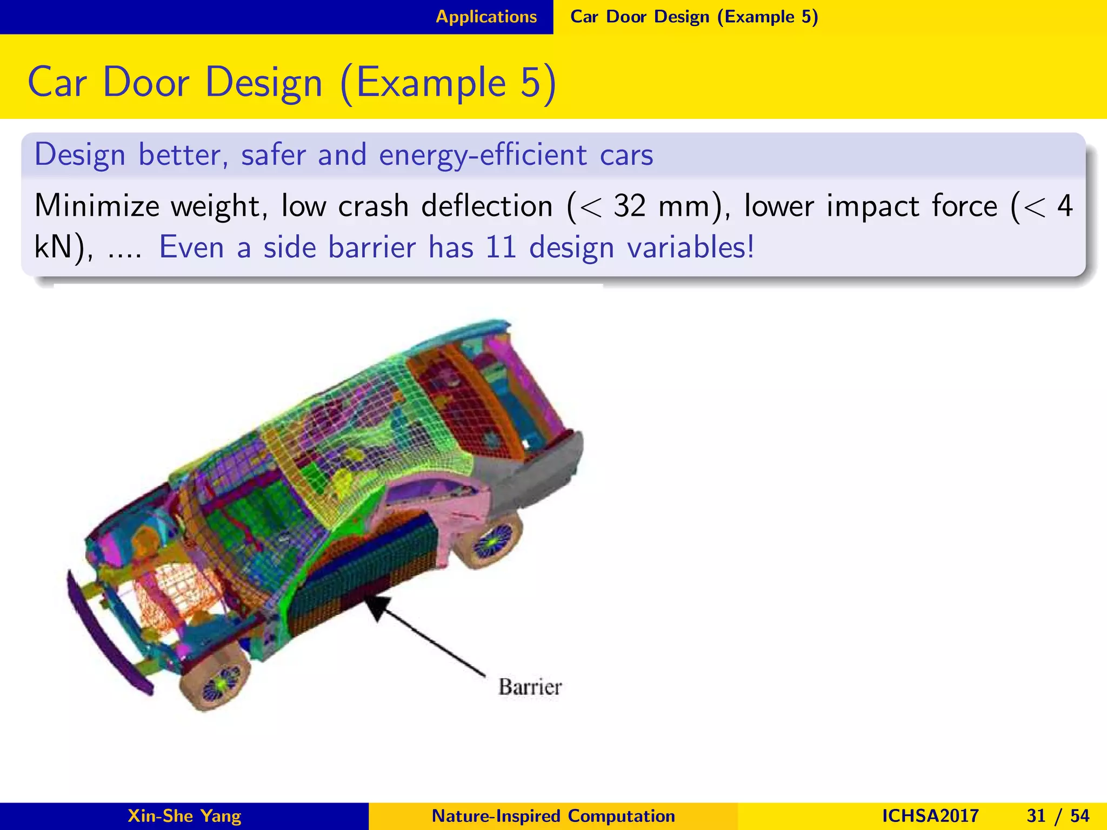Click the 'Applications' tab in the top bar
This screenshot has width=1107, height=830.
pyautogui.click(x=486, y=17)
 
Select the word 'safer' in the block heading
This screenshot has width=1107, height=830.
pyautogui.click(x=273, y=155)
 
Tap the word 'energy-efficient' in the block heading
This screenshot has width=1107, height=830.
pyautogui.click(x=483, y=155)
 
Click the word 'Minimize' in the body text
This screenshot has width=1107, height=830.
pyautogui.click(x=97, y=206)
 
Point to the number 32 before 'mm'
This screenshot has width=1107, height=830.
pyautogui.click(x=630, y=206)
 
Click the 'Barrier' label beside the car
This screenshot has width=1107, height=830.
pyautogui.click(x=530, y=687)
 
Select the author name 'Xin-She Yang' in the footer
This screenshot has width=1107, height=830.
pyautogui.click(x=184, y=815)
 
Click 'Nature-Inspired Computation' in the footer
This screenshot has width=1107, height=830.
pyautogui.click(x=553, y=815)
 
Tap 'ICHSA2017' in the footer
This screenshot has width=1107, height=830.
pyautogui.click(x=930, y=815)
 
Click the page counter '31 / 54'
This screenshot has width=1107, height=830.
pyautogui.click(x=1058, y=815)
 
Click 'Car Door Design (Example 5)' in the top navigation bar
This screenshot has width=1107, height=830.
pyautogui.click(x=694, y=17)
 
